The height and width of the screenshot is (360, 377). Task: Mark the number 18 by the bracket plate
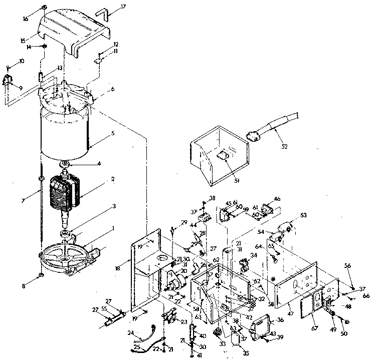tap(117, 268)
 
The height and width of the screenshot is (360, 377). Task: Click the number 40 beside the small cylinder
tap(203, 335)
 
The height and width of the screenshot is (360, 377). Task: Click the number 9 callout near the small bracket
tap(21, 88)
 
